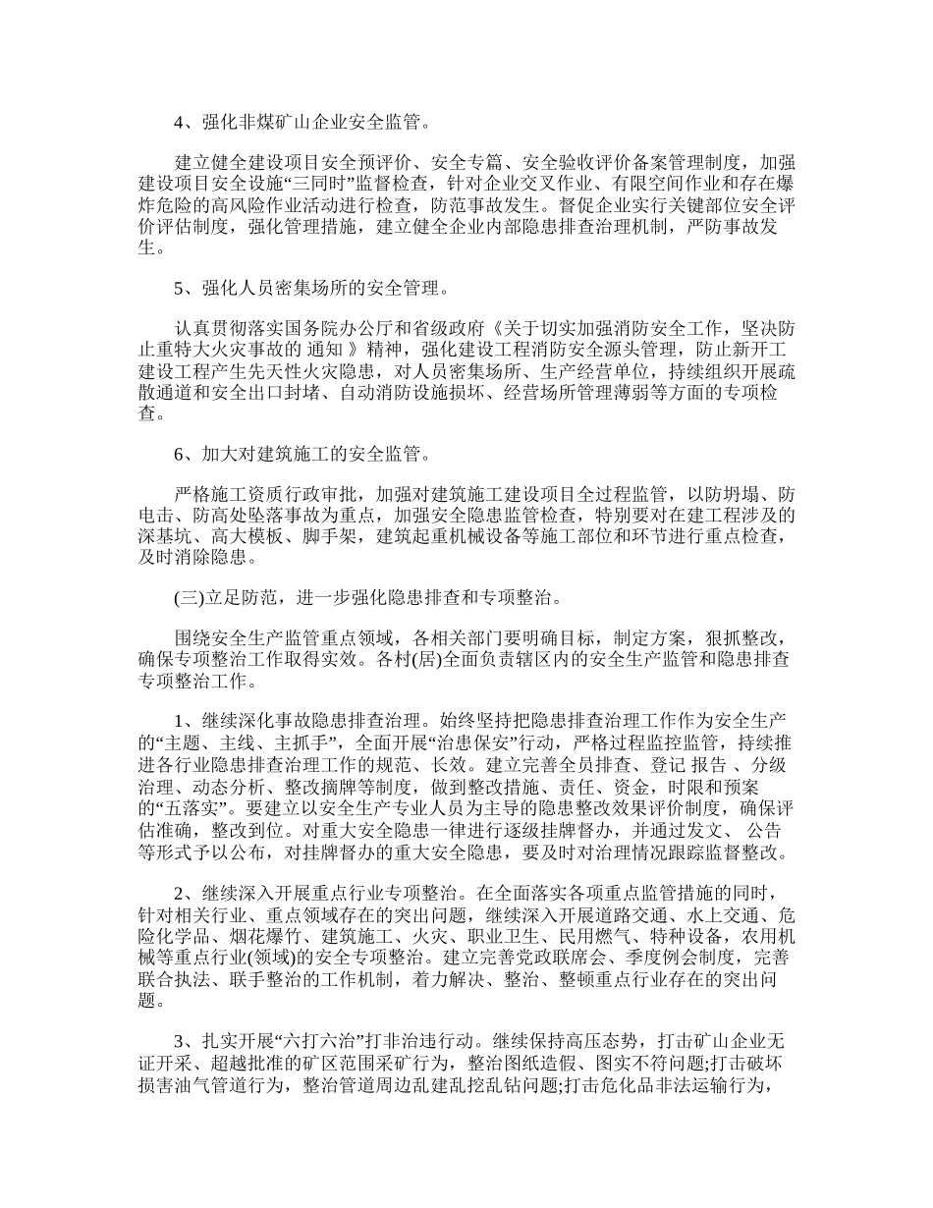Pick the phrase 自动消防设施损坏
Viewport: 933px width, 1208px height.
370,393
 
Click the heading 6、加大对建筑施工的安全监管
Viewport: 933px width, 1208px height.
301,454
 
